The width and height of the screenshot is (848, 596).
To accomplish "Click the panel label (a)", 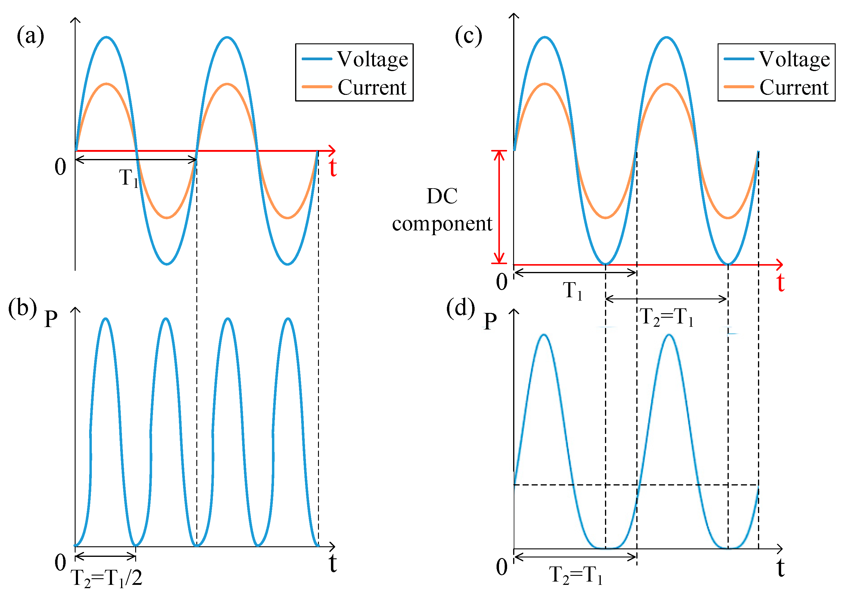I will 30,36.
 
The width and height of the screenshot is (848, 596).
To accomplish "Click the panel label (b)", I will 23,307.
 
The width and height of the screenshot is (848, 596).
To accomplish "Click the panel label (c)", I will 468,36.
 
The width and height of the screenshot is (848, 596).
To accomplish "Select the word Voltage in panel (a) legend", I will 372,59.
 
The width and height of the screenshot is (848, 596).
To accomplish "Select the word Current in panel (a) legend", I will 372,88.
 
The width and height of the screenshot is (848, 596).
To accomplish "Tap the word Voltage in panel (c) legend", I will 794,59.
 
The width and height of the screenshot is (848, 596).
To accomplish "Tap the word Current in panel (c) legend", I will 794,88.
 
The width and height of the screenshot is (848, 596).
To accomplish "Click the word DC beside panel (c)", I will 442,196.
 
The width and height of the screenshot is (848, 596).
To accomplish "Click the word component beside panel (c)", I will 442,224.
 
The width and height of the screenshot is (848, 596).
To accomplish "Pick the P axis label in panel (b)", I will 51,318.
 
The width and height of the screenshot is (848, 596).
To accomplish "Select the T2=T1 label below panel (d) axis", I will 575,575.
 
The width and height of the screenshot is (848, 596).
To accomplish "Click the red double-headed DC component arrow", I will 499,207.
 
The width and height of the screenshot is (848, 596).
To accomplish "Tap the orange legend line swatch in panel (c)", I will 738,87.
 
